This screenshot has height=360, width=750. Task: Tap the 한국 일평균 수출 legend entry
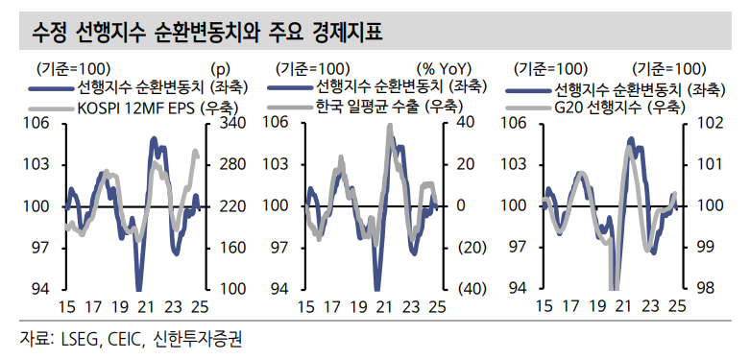point(385,107)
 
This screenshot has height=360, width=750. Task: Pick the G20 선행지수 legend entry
point(619,107)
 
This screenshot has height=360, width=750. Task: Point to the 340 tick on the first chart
point(233,123)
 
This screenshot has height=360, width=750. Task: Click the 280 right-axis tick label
point(233,164)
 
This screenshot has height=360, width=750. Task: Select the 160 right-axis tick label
point(233,248)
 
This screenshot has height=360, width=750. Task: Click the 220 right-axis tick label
point(233,205)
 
